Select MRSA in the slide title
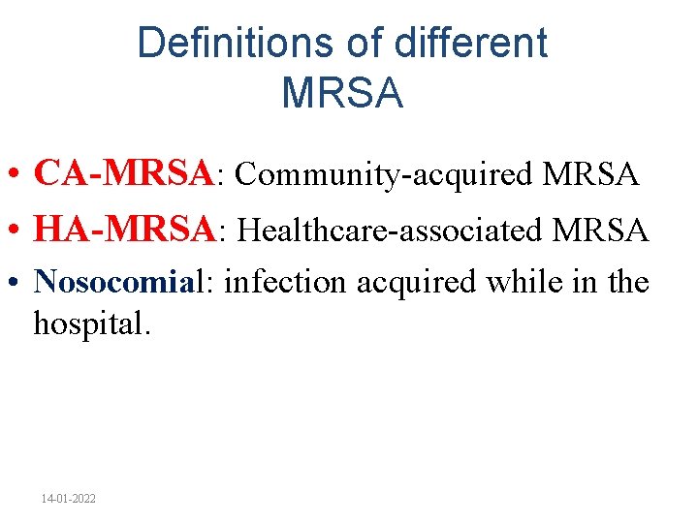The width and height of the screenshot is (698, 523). click(x=341, y=94)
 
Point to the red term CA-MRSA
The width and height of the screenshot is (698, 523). click(x=122, y=174)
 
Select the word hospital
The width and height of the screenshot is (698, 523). click(x=92, y=324)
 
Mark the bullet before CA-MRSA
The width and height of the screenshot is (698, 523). click(x=16, y=176)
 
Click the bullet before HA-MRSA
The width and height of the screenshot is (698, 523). click(x=16, y=232)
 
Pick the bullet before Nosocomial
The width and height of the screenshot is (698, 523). click(x=16, y=283)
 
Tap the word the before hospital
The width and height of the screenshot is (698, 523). click(x=626, y=282)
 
